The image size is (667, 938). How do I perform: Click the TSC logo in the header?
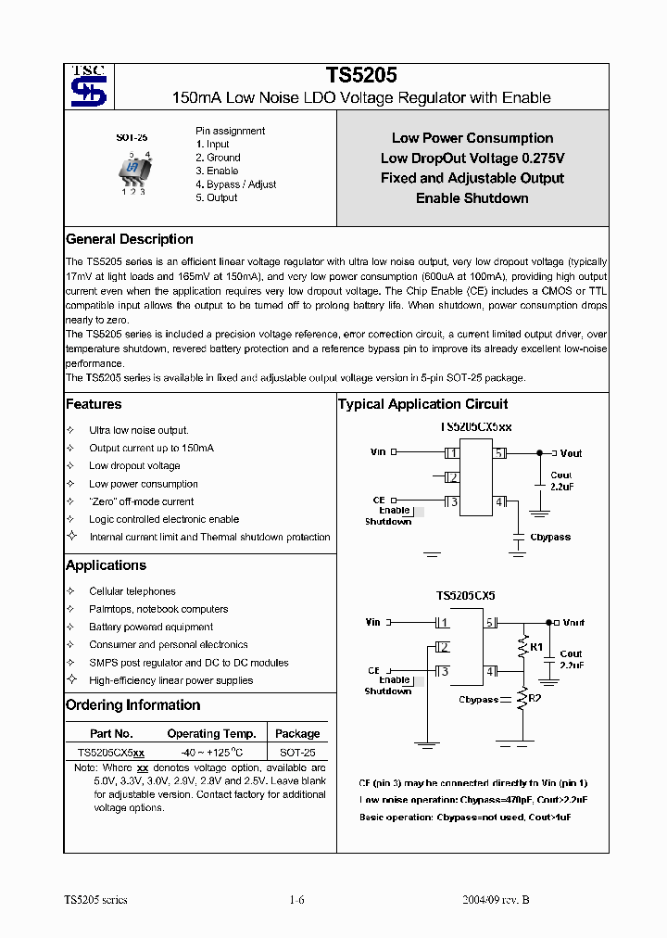pyautogui.click(x=89, y=86)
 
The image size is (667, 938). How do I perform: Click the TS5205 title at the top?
pyautogui.click(x=361, y=77)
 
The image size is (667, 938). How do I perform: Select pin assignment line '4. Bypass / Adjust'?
pyautogui.click(x=235, y=184)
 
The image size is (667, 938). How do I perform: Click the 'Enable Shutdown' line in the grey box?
pyautogui.click(x=472, y=198)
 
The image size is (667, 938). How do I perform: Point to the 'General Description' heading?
pyautogui.click(x=130, y=239)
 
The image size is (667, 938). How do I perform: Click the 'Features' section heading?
pyautogui.click(x=94, y=404)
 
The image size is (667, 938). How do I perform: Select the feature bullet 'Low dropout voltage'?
pyautogui.click(x=134, y=466)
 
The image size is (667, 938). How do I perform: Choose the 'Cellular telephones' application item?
pyautogui.click(x=132, y=591)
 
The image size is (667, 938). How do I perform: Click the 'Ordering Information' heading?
pyautogui.click(x=132, y=705)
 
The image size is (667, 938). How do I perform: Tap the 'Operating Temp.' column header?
pyautogui.click(x=211, y=733)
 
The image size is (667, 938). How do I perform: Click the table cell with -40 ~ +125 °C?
pyautogui.click(x=211, y=754)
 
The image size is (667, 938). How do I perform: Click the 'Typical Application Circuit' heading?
pyautogui.click(x=422, y=404)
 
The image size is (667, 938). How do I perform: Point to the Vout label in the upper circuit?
pyautogui.click(x=571, y=453)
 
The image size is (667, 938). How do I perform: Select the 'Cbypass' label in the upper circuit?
pyautogui.click(x=549, y=538)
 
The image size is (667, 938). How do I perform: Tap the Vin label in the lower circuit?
pyautogui.click(x=373, y=622)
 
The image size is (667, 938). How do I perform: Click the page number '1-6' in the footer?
pyautogui.click(x=297, y=900)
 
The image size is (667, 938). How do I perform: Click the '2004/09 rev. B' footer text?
pyautogui.click(x=496, y=900)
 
